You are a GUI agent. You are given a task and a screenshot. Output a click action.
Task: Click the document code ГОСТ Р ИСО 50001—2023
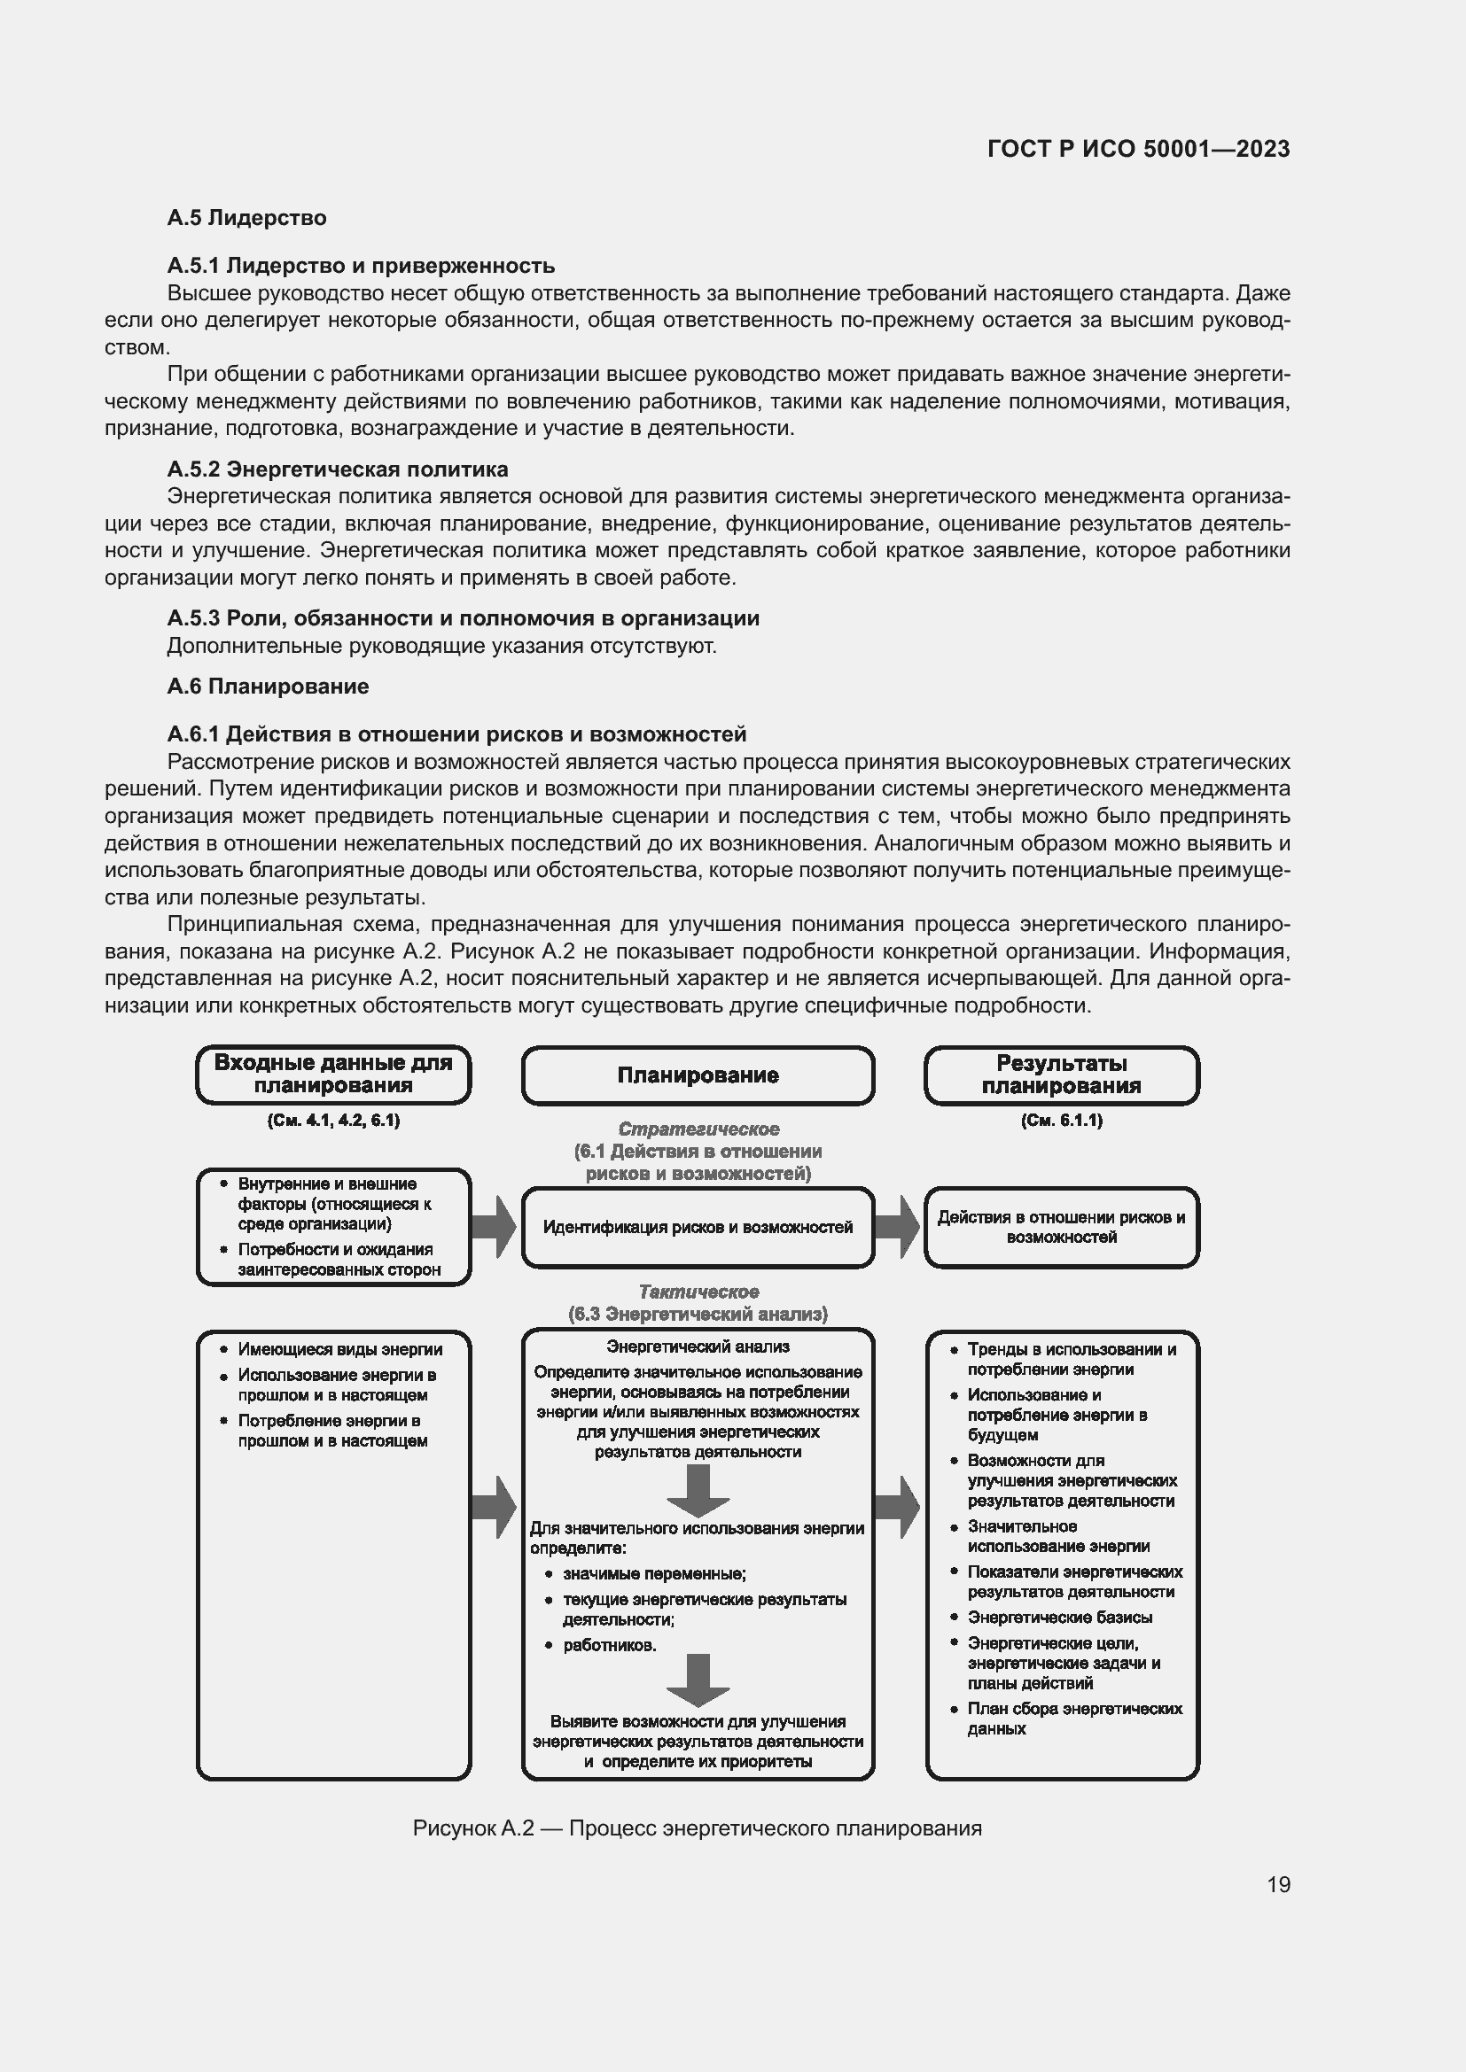pyautogui.click(x=1138, y=149)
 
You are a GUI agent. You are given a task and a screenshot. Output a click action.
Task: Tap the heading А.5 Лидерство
pyautogui.click(x=246, y=218)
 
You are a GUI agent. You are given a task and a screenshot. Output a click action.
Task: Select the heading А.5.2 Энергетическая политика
pyautogui.click(x=338, y=469)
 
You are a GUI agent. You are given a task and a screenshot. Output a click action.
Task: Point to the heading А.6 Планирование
pyautogui.click(x=268, y=686)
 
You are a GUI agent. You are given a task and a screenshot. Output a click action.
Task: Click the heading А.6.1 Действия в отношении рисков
pyautogui.click(x=456, y=733)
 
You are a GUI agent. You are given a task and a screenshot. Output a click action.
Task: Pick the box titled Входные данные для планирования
pyautogui.click(x=333, y=1074)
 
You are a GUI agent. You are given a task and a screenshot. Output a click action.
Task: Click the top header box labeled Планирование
pyautogui.click(x=698, y=1075)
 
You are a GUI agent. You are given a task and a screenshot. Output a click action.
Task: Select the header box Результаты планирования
pyautogui.click(x=1062, y=1075)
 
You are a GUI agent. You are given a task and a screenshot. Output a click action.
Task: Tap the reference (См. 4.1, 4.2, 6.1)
pyautogui.click(x=333, y=1120)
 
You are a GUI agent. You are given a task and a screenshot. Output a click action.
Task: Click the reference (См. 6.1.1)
pyautogui.click(x=1062, y=1120)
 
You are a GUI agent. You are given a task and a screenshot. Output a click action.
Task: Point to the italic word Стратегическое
pyautogui.click(x=698, y=1129)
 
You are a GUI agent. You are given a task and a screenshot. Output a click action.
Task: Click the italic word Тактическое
pyautogui.click(x=698, y=1292)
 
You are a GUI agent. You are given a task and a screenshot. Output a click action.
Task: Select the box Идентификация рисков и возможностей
pyautogui.click(x=698, y=1227)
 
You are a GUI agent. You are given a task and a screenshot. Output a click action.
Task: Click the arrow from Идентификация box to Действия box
pyautogui.click(x=897, y=1227)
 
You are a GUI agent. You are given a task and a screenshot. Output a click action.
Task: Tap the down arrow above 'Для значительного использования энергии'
pyautogui.click(x=698, y=1490)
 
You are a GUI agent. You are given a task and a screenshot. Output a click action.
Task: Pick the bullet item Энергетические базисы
pyautogui.click(x=1059, y=1618)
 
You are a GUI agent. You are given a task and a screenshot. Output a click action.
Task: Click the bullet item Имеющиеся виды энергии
pyautogui.click(x=339, y=1349)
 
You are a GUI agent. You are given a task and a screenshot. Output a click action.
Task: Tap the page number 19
pyautogui.click(x=1278, y=1884)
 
